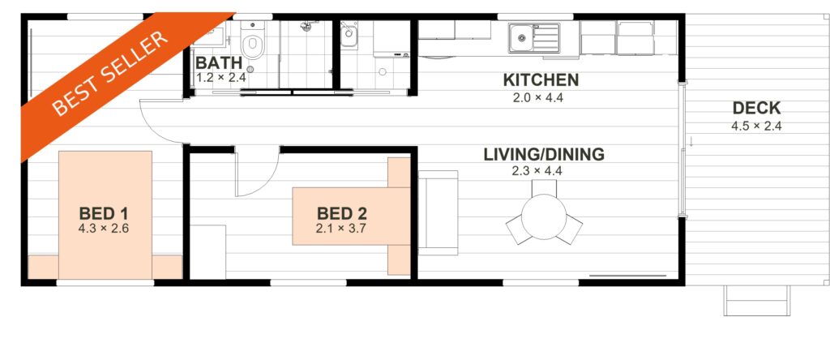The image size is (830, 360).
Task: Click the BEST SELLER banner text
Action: [110, 74]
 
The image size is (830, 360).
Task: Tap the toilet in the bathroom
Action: [252, 41]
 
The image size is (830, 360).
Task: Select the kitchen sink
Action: [534, 38]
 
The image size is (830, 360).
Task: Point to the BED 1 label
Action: [104, 214]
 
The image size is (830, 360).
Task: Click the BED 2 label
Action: [342, 214]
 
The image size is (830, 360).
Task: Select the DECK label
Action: [756, 109]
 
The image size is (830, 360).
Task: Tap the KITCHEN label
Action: [541, 80]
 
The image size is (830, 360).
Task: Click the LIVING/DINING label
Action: [544, 155]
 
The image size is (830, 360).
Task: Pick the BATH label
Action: [219, 62]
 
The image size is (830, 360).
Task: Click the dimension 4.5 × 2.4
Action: [756, 126]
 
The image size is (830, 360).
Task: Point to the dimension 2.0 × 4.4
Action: [538, 98]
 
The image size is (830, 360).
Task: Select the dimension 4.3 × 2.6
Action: [104, 229]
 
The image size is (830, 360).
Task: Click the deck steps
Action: [756, 301]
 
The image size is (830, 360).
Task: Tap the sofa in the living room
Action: [439, 212]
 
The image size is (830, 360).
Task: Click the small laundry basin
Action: [349, 34]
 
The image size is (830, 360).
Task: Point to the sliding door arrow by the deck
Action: [691, 141]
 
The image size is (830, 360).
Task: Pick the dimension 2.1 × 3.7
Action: [342, 229]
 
